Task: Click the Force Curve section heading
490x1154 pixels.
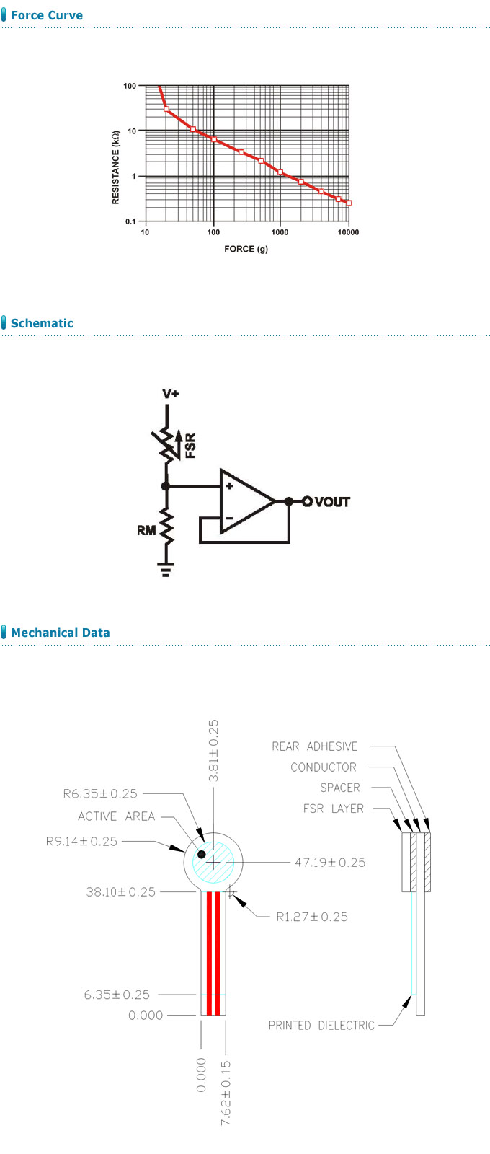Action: pos(47,15)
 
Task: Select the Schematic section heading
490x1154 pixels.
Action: pos(42,323)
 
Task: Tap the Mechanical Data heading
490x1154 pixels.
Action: pos(61,633)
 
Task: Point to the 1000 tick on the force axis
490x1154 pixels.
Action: pos(280,232)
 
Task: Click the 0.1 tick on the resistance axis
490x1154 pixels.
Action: pos(130,221)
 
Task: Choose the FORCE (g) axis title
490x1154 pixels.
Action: pos(246,249)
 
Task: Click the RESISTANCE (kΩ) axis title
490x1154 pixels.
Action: pos(116,167)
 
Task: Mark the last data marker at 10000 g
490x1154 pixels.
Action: pos(349,203)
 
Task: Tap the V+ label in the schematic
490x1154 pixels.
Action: pos(171,394)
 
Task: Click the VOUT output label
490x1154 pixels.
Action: pos(332,502)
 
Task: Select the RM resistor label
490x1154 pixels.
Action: pos(146,530)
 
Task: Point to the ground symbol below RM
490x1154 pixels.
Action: pos(166,571)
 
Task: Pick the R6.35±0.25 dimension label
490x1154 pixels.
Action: pos(100,794)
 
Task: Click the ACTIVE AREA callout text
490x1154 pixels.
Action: pos(117,816)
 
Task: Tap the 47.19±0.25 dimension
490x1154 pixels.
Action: pos(330,863)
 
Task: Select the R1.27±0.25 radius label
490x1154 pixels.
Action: pos(312,917)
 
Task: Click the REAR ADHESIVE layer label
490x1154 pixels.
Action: pos(315,746)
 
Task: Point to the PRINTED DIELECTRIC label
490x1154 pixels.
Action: pos(321,1025)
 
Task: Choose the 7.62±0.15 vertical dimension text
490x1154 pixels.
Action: pos(226,1093)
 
